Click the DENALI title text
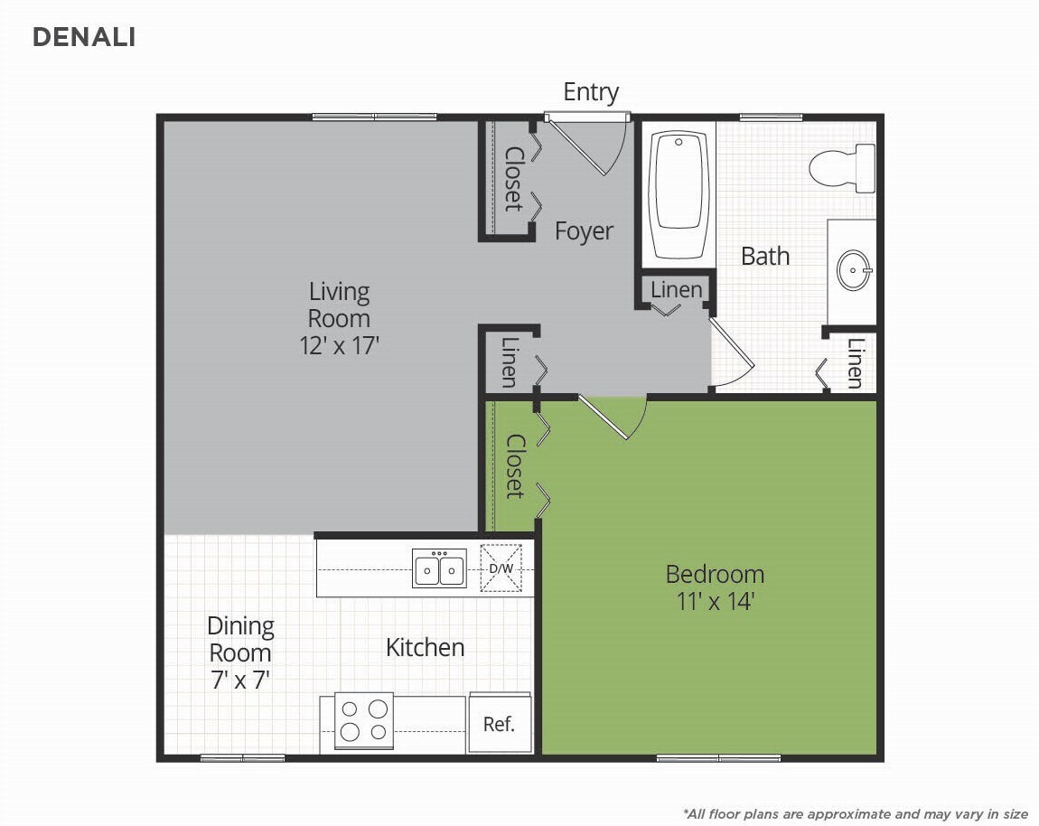84,37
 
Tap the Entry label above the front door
591,92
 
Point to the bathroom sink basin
853,269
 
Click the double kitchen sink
439,569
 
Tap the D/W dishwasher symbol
501,568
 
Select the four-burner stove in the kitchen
364,720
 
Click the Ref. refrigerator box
499,724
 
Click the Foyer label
584,231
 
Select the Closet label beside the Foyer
513,179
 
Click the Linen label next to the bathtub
676,289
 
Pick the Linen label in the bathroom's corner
855,362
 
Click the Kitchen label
425,647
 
